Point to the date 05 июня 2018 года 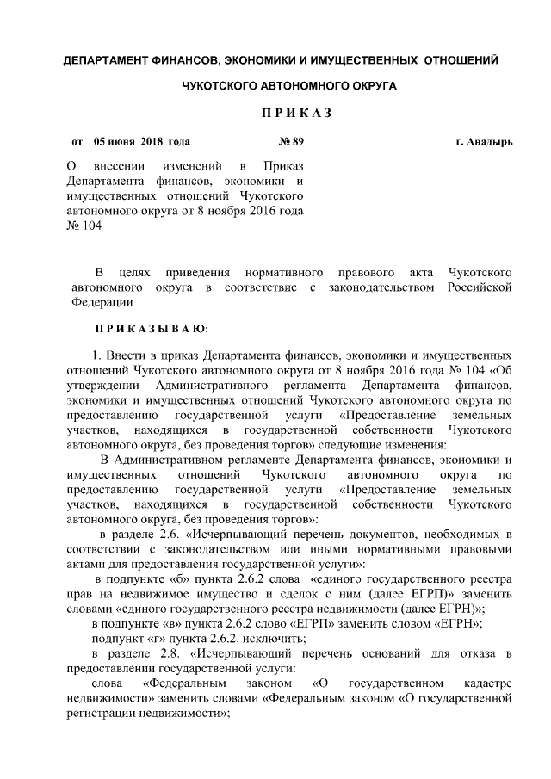(x=141, y=141)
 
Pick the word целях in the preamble (x=137, y=272)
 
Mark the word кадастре (x=486, y=684)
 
